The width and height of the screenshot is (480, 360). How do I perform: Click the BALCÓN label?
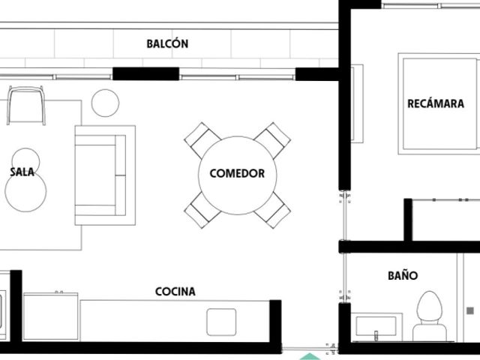[x=167, y=43]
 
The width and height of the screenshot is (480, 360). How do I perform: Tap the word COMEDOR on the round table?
[x=237, y=173]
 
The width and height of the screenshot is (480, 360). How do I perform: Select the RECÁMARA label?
[x=436, y=103]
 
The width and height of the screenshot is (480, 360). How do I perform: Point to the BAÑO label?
[x=403, y=275]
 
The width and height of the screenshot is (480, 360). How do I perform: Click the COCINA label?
[x=175, y=292]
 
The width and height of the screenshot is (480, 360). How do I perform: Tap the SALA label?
[x=22, y=172]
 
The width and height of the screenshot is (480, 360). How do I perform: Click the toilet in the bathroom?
[x=430, y=316]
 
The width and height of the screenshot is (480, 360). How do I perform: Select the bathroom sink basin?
[x=376, y=326]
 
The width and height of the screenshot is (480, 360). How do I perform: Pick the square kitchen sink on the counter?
[x=221, y=322]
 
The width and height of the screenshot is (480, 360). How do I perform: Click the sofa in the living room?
[x=105, y=175]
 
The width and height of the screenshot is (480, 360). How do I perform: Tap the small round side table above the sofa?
[x=105, y=103]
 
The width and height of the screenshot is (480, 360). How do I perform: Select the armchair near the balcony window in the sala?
[x=26, y=105]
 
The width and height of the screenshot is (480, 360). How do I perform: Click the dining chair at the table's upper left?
[x=202, y=140]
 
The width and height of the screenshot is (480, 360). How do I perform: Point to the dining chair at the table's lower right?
[x=272, y=210]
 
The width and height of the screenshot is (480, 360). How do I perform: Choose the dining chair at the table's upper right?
[x=272, y=140]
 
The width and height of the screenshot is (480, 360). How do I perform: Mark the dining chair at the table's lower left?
[x=202, y=210]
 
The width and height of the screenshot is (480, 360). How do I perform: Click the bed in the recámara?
[x=439, y=103]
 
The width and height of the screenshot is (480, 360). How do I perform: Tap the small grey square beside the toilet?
[x=470, y=311]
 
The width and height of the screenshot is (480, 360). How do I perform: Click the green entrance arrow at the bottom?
[x=310, y=357]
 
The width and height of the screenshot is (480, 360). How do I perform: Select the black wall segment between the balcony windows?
[x=145, y=73]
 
